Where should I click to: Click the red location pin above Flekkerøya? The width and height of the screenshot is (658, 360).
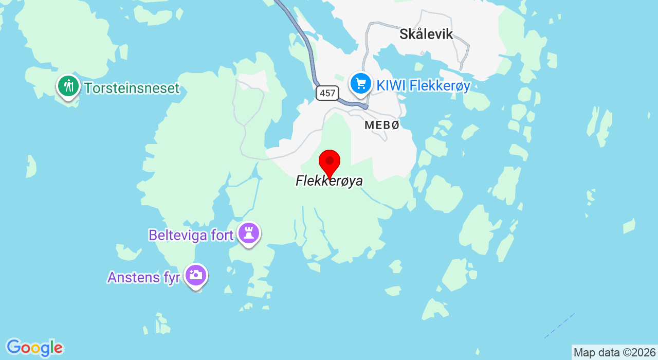pyautogui.click(x=330, y=163)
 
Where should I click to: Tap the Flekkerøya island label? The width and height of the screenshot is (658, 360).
pyautogui.click(x=329, y=181)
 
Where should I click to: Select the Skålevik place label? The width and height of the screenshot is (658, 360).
pyautogui.click(x=426, y=34)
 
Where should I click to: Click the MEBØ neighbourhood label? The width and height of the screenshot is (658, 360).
pyautogui.click(x=381, y=125)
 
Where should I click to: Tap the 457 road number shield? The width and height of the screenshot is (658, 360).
pyautogui.click(x=327, y=93)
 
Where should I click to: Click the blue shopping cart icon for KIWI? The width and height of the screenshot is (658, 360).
pyautogui.click(x=360, y=83)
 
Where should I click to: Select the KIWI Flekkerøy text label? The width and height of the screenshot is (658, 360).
pyautogui.click(x=423, y=86)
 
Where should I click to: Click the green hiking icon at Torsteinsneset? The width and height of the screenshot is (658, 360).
pyautogui.click(x=68, y=85)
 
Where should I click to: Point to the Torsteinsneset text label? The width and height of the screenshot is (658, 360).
pyautogui.click(x=132, y=88)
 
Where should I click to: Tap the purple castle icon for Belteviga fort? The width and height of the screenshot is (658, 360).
pyautogui.click(x=249, y=233)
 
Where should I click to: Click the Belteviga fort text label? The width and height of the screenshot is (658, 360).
pyautogui.click(x=191, y=235)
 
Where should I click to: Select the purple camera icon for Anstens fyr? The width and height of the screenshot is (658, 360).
pyautogui.click(x=195, y=275)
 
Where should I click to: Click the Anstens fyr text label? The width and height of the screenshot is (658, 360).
pyautogui.click(x=143, y=277)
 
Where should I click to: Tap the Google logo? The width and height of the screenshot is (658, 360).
pyautogui.click(x=34, y=348)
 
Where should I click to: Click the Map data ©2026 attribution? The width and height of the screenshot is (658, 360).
pyautogui.click(x=614, y=353)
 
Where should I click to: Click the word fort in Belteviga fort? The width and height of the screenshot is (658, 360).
pyautogui.click(x=222, y=235)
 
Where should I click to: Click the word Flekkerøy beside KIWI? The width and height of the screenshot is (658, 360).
pyautogui.click(x=440, y=86)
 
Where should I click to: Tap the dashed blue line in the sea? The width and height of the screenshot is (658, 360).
pyautogui.click(x=559, y=326)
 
